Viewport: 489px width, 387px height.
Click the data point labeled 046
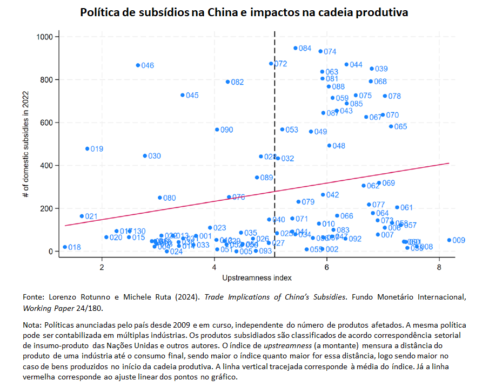tap(138, 65)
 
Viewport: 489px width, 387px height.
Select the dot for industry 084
tap(296, 48)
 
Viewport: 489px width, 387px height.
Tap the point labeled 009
tap(449, 240)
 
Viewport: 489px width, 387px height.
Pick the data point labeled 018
tap(65, 247)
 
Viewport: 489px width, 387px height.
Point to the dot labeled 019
tap(87, 148)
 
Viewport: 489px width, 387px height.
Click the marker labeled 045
tap(183, 95)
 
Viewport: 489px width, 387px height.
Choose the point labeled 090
tap(217, 130)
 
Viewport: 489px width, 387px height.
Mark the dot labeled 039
tap(372, 69)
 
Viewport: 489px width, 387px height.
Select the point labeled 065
tap(391, 126)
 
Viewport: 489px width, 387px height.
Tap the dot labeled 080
tap(160, 198)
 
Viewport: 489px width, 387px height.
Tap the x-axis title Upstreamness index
tap(257, 278)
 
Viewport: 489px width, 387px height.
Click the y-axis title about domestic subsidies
tap(26, 144)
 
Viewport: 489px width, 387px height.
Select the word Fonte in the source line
tap(33, 297)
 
